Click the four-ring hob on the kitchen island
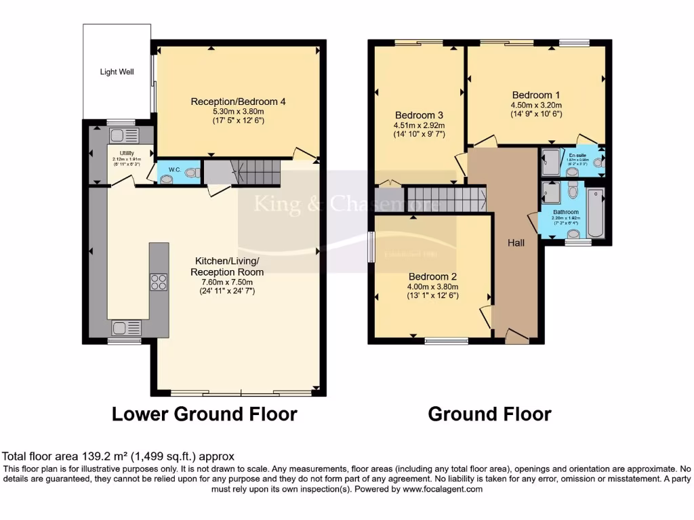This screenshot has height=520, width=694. pyautogui.click(x=159, y=282)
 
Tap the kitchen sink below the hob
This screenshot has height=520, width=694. pyautogui.click(x=127, y=328)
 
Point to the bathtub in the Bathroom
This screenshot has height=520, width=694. pyautogui.click(x=596, y=214)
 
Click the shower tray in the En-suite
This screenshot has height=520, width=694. pyautogui.click(x=550, y=162)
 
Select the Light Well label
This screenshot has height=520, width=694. pyautogui.click(x=116, y=71)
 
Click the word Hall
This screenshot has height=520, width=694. pyautogui.click(x=516, y=242)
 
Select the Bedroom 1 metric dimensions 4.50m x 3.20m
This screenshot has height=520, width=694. pyautogui.click(x=536, y=105)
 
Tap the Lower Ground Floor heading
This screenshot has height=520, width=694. pyautogui.click(x=204, y=414)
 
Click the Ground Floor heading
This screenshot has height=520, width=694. pyautogui.click(x=489, y=414)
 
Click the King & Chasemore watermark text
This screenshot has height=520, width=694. pyautogui.click(x=346, y=204)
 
